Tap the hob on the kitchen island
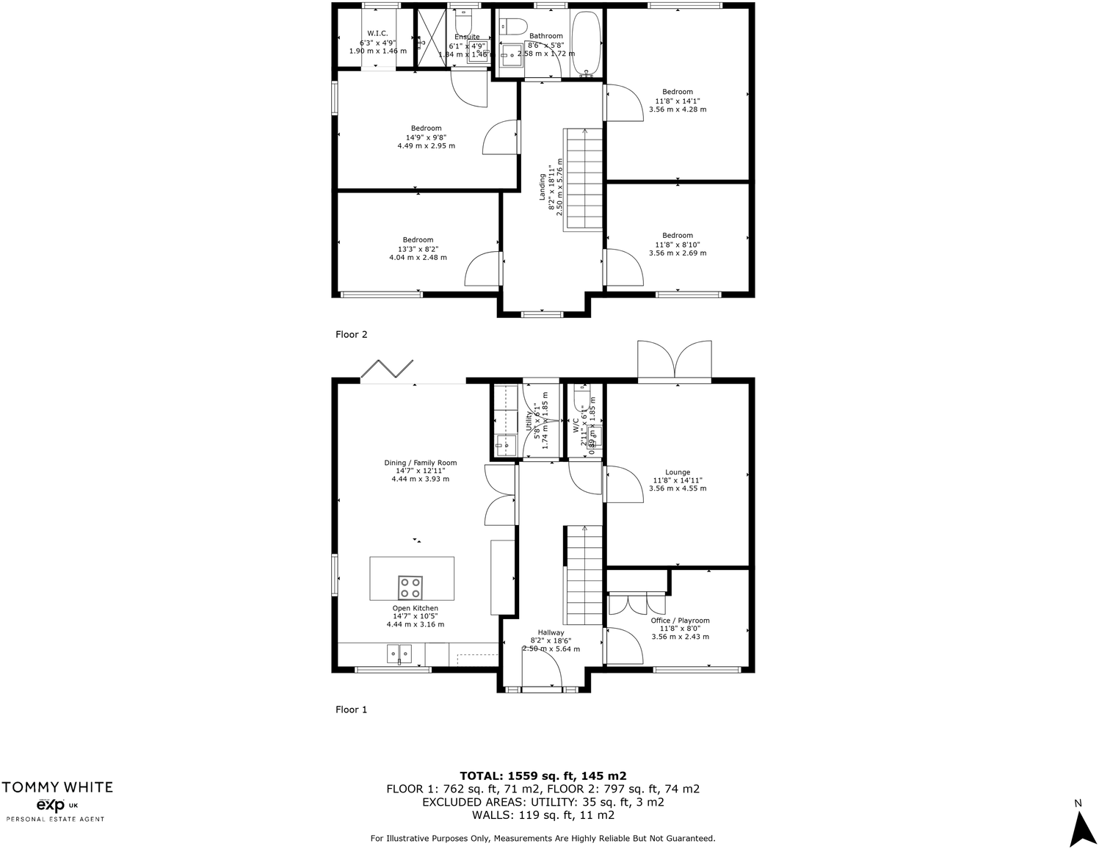[x=410, y=588]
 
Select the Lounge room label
[x=678, y=472]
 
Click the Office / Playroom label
[x=680, y=621]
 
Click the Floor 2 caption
[x=351, y=334]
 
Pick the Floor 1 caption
[x=351, y=709]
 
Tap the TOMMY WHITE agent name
[x=57, y=787]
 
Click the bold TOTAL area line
[x=543, y=776]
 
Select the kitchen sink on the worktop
[x=399, y=652]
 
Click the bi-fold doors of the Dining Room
[x=387, y=369]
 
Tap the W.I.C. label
[x=378, y=33]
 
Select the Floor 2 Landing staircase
[x=583, y=179]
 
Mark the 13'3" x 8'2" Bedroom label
[x=418, y=239]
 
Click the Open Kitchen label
[x=415, y=608]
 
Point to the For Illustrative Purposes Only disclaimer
[x=543, y=838]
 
